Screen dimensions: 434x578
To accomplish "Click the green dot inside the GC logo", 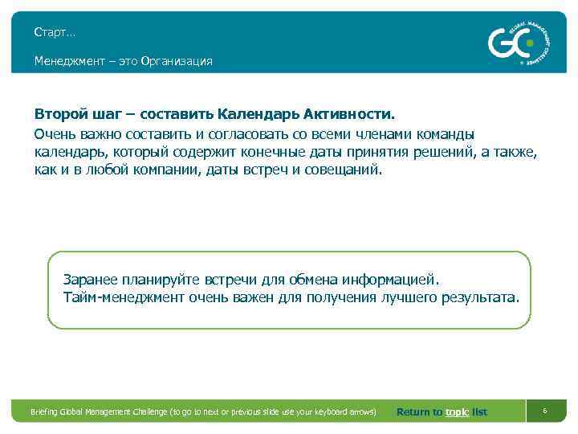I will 528,43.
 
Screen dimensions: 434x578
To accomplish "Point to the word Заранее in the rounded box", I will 91,280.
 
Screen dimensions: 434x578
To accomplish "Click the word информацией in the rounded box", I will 392,280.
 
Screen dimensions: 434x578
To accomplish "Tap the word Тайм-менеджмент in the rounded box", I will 124,298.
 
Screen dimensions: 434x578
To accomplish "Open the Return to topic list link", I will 442,412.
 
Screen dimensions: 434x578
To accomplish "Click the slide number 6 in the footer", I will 544,411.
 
